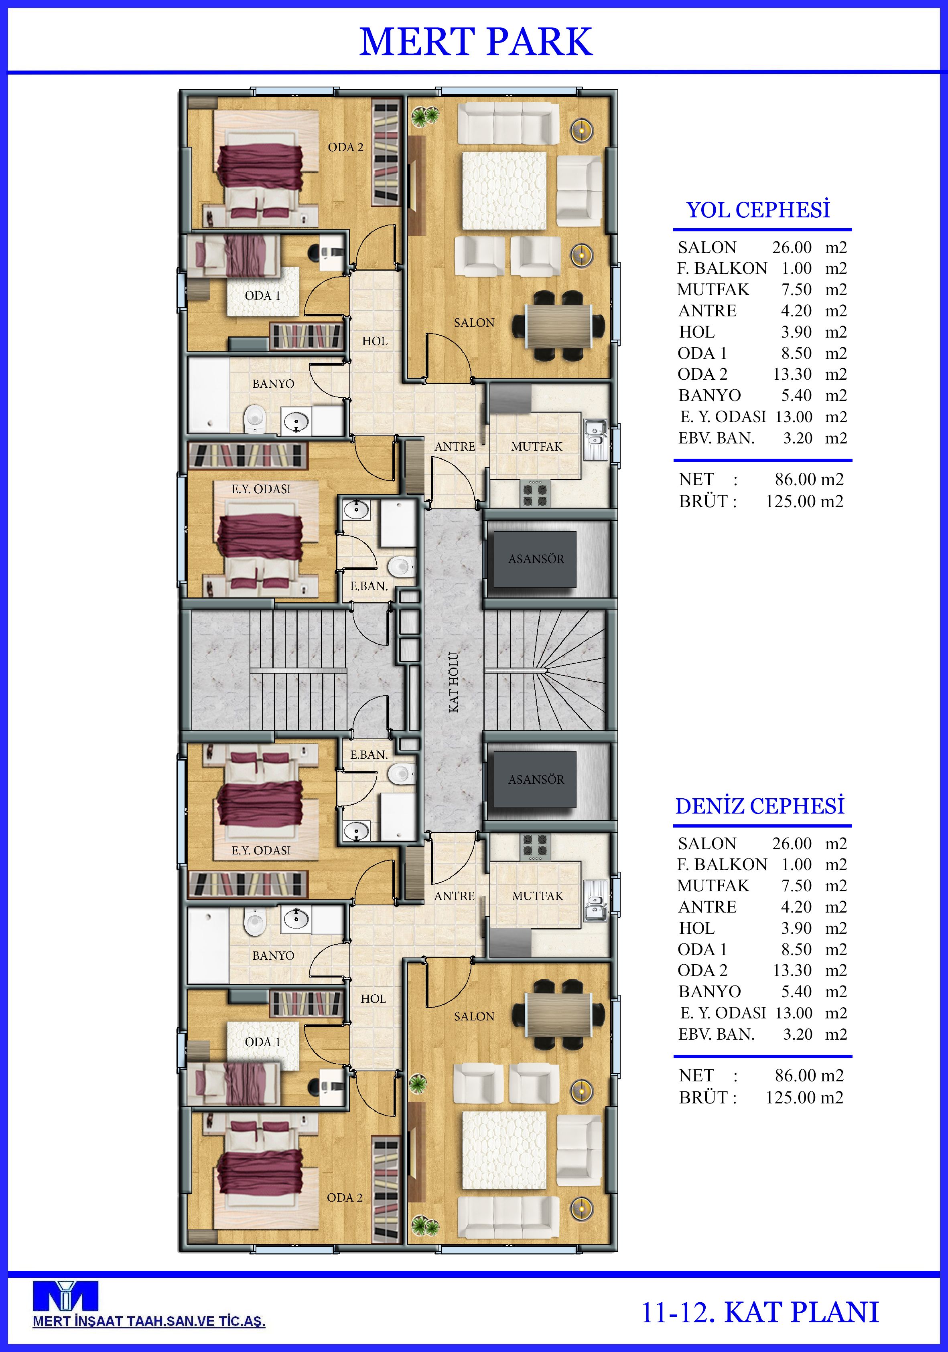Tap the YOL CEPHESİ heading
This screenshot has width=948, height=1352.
tap(758, 210)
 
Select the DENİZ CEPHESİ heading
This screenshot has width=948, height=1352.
tap(759, 806)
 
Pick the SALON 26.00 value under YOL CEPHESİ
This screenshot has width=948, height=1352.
tap(792, 247)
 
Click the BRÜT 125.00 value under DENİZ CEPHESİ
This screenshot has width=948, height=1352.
tap(804, 1097)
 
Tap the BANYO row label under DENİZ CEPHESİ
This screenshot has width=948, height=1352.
tap(709, 992)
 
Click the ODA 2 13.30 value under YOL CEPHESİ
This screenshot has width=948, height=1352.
tap(792, 374)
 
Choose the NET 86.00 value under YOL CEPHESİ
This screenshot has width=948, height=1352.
tap(809, 479)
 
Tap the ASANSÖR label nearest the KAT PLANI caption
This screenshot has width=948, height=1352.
tap(536, 779)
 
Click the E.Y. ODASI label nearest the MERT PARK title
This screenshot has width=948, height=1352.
tap(261, 489)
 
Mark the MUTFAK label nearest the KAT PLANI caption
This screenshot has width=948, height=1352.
tap(537, 896)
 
